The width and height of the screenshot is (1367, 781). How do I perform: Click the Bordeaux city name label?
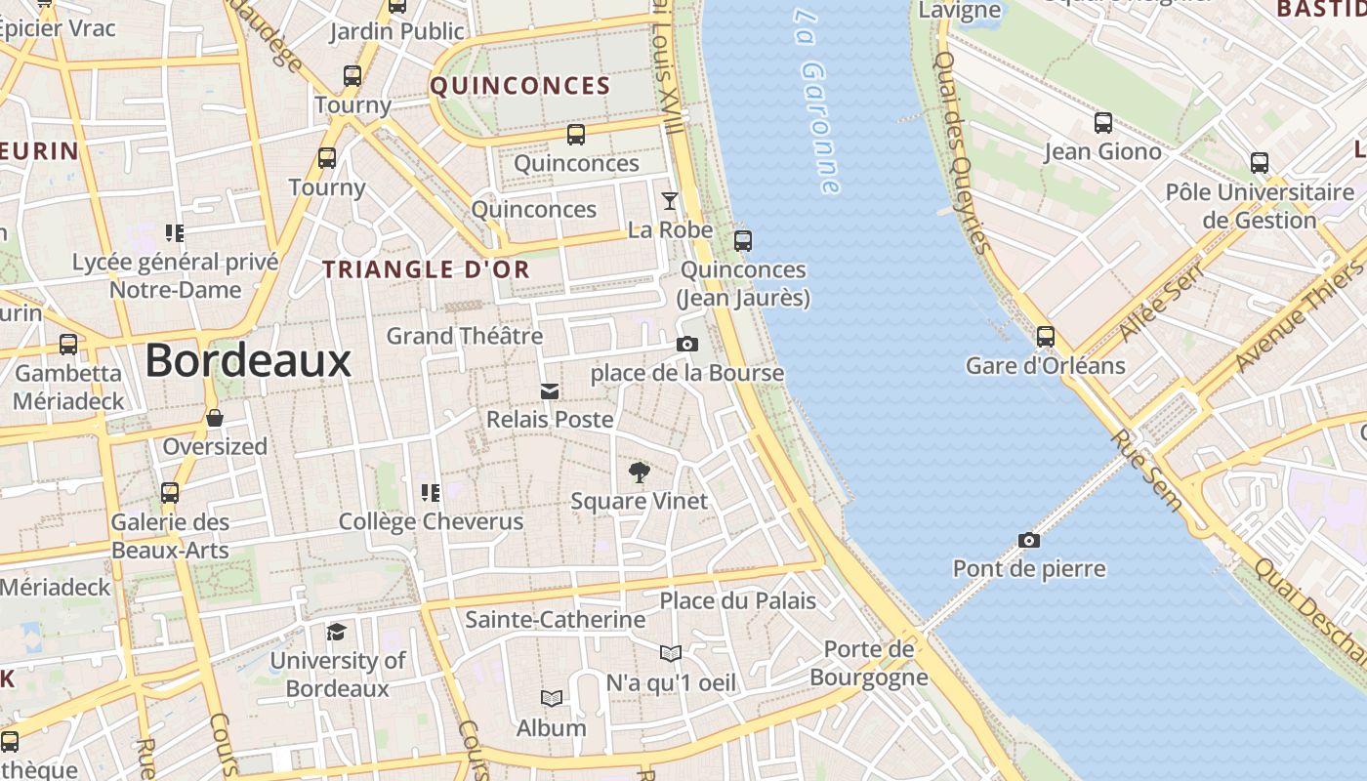point(248,361)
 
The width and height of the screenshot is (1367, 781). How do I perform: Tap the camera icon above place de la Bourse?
point(687,344)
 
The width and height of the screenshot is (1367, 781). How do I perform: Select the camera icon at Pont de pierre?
point(1028,540)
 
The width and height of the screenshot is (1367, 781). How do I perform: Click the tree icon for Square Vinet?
point(640,473)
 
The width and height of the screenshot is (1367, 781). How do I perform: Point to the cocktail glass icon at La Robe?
point(670,201)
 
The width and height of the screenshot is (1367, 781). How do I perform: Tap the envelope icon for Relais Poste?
point(550,391)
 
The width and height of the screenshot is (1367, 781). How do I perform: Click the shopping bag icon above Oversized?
point(215,419)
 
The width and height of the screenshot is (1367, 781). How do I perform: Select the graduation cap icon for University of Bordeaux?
point(337,632)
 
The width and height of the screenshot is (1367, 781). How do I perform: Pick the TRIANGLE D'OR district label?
point(427,269)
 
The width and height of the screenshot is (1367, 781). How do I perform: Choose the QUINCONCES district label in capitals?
point(520,86)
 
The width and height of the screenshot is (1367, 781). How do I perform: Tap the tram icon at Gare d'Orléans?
point(1046,337)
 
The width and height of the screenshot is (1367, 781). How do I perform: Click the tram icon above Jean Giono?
point(1103,123)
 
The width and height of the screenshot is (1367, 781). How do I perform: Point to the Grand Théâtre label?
point(465,336)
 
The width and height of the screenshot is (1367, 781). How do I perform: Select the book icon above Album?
point(552,698)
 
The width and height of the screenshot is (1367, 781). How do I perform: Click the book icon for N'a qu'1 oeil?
point(671,653)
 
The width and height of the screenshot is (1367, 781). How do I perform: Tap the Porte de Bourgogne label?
point(868,663)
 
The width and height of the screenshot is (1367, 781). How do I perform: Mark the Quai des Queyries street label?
point(962,151)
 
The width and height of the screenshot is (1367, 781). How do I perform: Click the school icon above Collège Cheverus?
point(431,492)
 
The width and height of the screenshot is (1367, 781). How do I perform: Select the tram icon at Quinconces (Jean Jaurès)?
point(743,240)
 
